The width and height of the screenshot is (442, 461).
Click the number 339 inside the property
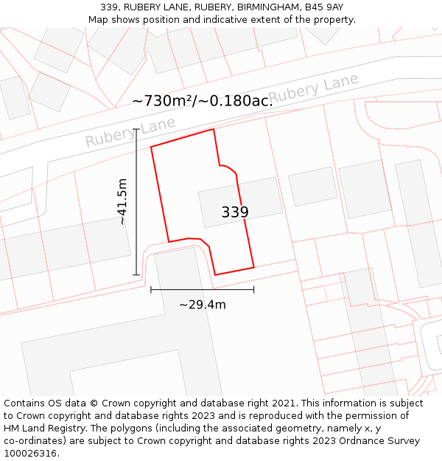(x=235, y=212)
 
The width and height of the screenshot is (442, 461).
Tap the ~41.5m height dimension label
(x=122, y=201)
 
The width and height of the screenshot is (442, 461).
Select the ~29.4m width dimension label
(x=203, y=304)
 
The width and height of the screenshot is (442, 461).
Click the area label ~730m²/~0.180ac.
(x=203, y=101)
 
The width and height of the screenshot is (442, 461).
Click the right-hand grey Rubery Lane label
(x=313, y=89)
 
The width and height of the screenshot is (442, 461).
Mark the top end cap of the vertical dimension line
(x=136, y=129)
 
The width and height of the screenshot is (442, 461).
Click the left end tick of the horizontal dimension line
(x=151, y=290)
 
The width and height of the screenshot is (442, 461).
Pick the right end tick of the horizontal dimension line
(x=253, y=290)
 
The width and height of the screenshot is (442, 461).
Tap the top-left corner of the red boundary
(x=151, y=147)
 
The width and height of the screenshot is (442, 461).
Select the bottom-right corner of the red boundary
(x=253, y=267)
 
